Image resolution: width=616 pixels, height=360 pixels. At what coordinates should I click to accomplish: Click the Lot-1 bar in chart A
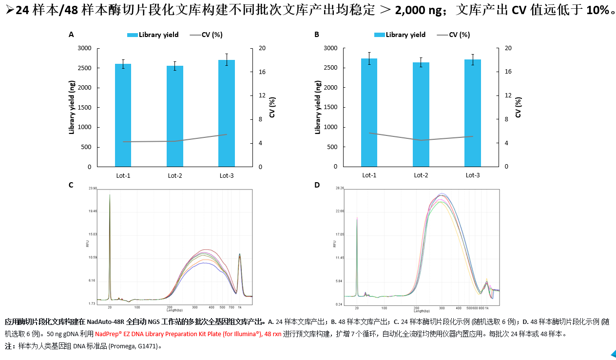pos(123,115)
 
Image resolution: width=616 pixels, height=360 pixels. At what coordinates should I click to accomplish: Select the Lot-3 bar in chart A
pos(227,113)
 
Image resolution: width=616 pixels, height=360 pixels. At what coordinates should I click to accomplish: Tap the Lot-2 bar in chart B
pos(421,114)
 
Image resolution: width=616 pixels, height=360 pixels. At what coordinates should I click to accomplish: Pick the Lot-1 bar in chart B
pos(369,113)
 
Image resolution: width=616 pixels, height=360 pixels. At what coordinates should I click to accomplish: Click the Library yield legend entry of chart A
pos(153,35)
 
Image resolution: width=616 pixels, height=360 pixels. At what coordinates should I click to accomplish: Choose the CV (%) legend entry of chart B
pos(454,35)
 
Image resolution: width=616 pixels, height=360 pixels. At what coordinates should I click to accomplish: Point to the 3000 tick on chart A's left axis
pos(84,48)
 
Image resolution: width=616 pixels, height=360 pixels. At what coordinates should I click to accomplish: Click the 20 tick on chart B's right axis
pos(508,48)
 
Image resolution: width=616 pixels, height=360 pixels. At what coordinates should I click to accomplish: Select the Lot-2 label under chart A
pos(175,175)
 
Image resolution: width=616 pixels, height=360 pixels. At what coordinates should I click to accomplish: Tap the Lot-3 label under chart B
pos(473,175)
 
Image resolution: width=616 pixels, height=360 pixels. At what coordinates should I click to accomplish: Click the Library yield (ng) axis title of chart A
pos(72,107)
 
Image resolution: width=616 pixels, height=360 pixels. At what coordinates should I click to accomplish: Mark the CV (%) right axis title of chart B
pos(518,107)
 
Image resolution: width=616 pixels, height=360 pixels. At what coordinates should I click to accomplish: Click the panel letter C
pos(71,185)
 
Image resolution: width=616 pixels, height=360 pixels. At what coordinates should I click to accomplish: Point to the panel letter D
pos(317,185)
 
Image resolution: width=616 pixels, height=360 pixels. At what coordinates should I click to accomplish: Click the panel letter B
pos(317,35)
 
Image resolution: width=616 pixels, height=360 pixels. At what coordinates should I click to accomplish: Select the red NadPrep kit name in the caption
pos(188,335)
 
